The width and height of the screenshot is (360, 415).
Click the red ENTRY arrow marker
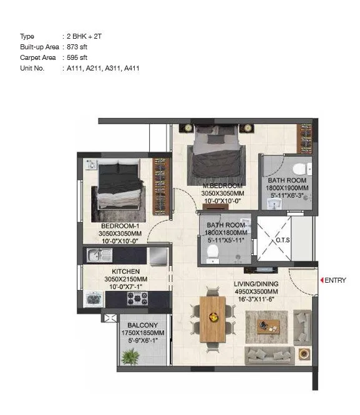click(x=321, y=281)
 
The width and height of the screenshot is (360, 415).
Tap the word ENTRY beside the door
click(x=335, y=281)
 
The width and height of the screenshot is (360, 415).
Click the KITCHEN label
click(x=125, y=271)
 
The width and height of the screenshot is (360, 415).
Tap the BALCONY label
click(x=141, y=325)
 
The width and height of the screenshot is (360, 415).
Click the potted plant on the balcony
click(x=131, y=357)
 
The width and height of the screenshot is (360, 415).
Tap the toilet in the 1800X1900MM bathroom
click(x=301, y=168)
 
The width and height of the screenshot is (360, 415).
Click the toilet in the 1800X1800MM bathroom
click(x=212, y=250)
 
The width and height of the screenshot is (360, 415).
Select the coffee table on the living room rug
click(x=268, y=326)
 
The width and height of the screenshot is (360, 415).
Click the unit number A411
click(x=129, y=68)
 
